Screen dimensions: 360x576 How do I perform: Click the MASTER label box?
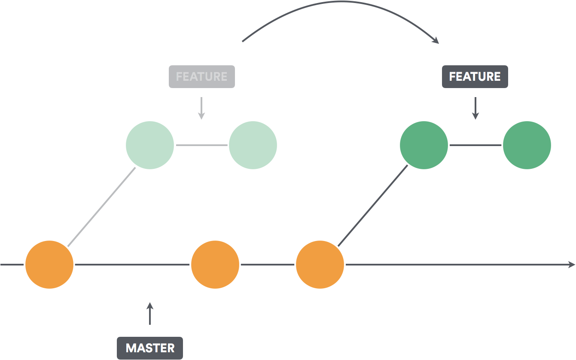(150, 348)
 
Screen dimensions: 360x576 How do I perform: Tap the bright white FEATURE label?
(475, 77)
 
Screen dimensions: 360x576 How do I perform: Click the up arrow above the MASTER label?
(149, 313)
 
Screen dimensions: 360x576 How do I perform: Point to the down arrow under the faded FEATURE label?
(201, 108)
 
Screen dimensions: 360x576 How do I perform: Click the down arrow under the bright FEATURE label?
(475, 108)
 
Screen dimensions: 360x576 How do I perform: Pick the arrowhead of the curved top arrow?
(436, 40)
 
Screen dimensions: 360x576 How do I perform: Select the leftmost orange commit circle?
(49, 265)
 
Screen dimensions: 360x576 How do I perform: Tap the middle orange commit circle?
(215, 265)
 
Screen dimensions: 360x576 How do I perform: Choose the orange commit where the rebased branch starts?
(320, 265)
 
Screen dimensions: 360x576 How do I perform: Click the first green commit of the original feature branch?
(150, 145)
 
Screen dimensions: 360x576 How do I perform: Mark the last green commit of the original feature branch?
(253, 145)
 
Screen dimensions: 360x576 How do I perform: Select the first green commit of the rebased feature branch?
(424, 145)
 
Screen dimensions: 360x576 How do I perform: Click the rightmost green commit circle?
(527, 145)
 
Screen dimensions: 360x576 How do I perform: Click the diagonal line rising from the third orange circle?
(373, 205)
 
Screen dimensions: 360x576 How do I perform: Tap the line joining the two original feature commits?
(201, 145)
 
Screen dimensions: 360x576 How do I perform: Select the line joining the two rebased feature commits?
(475, 145)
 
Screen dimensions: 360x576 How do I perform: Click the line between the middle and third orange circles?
(268, 265)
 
